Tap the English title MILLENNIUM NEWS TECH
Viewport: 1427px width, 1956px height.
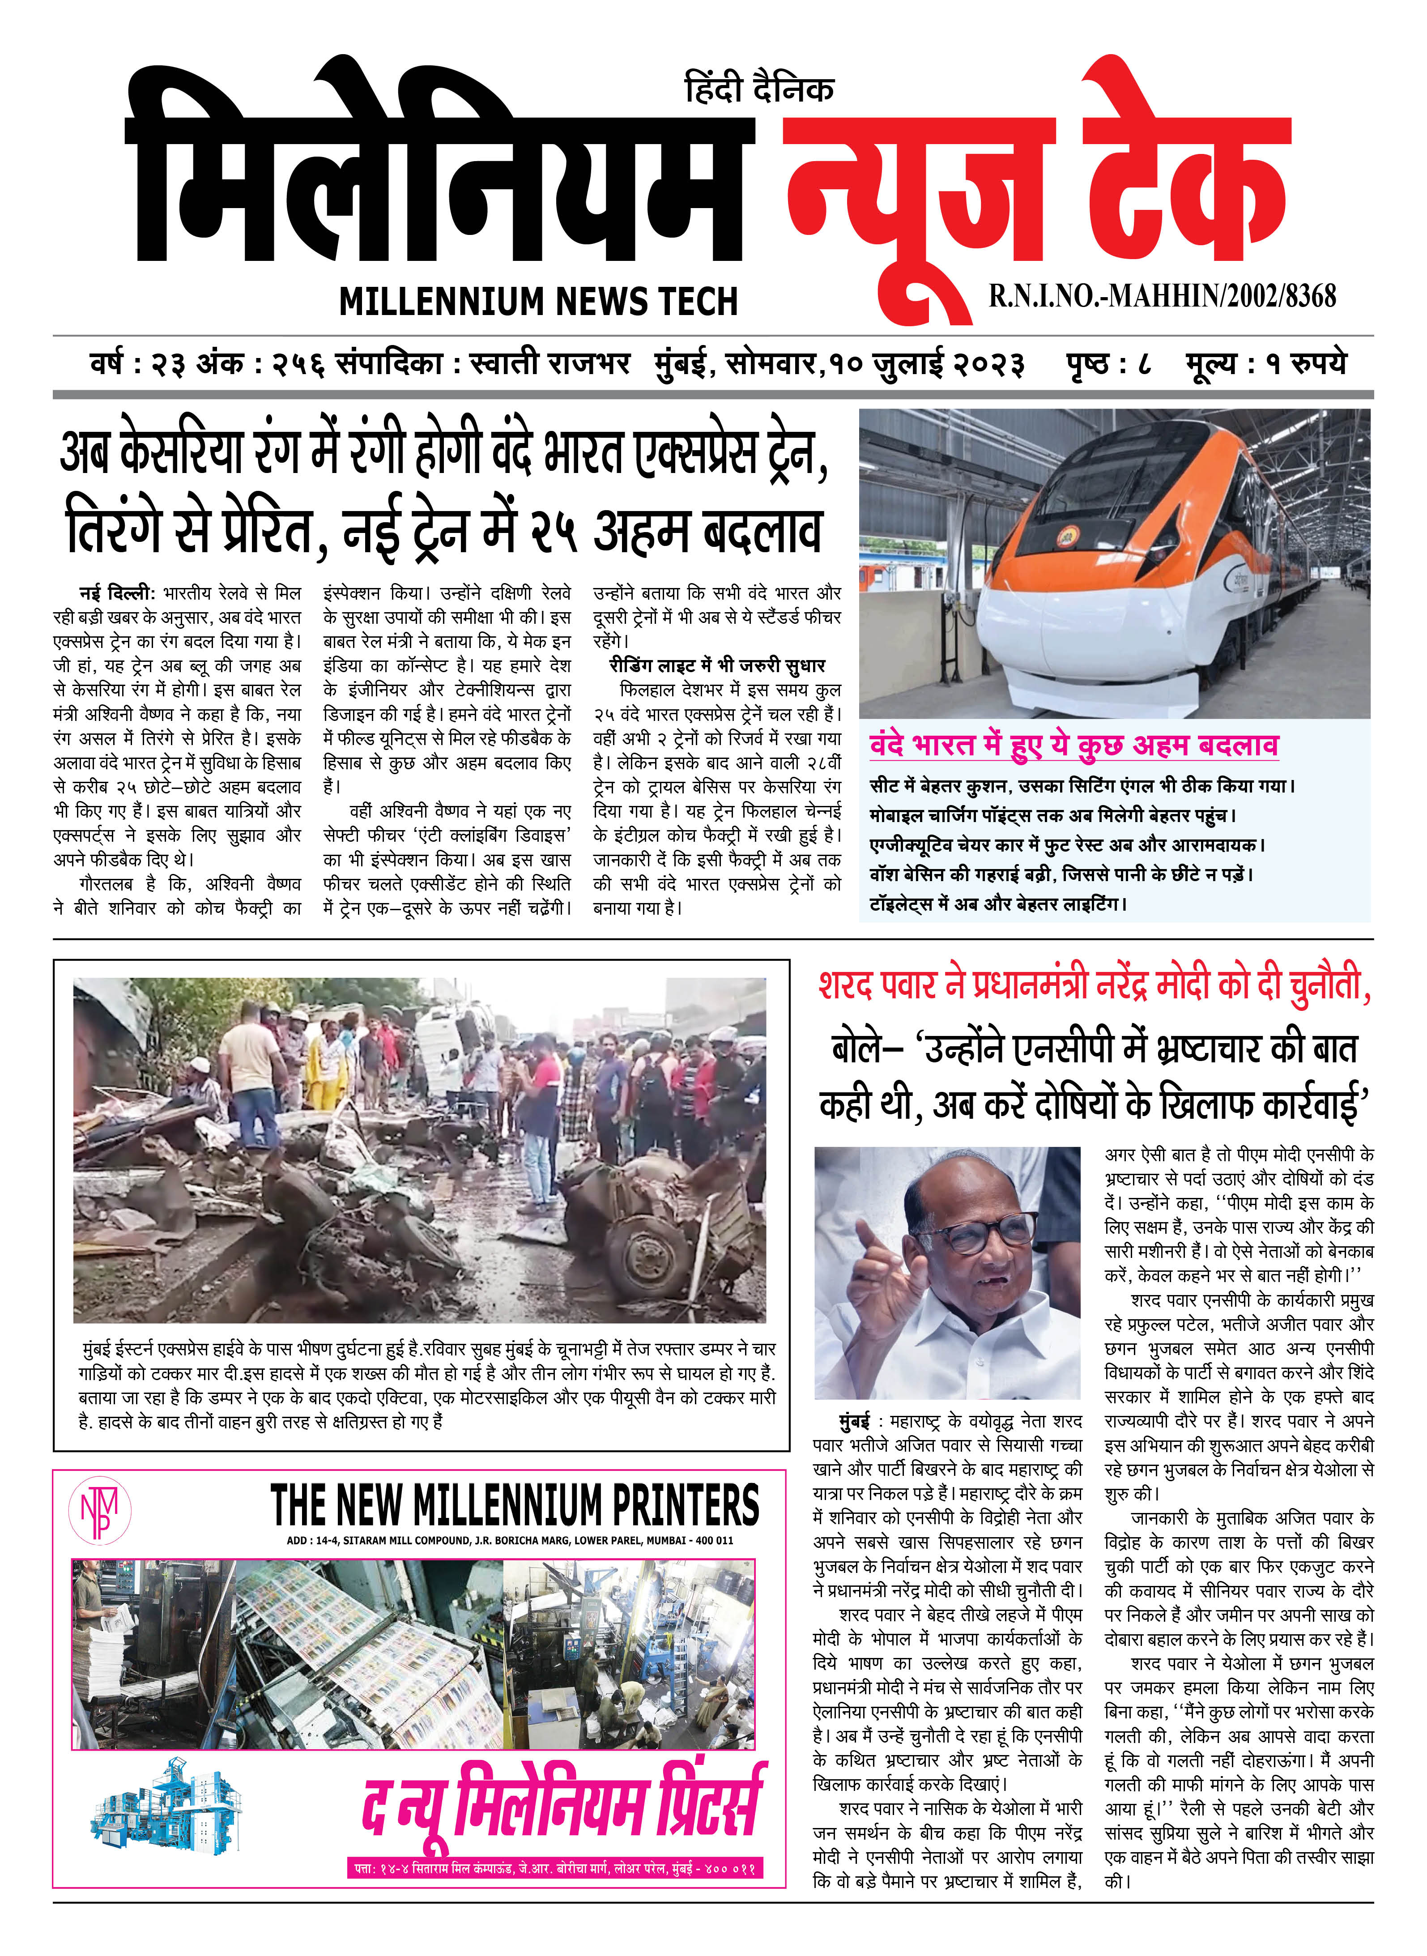[538, 302]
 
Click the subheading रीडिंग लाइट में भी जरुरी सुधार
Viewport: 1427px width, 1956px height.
[717, 665]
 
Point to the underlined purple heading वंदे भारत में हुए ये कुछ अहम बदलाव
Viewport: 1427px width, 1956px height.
[1073, 745]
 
